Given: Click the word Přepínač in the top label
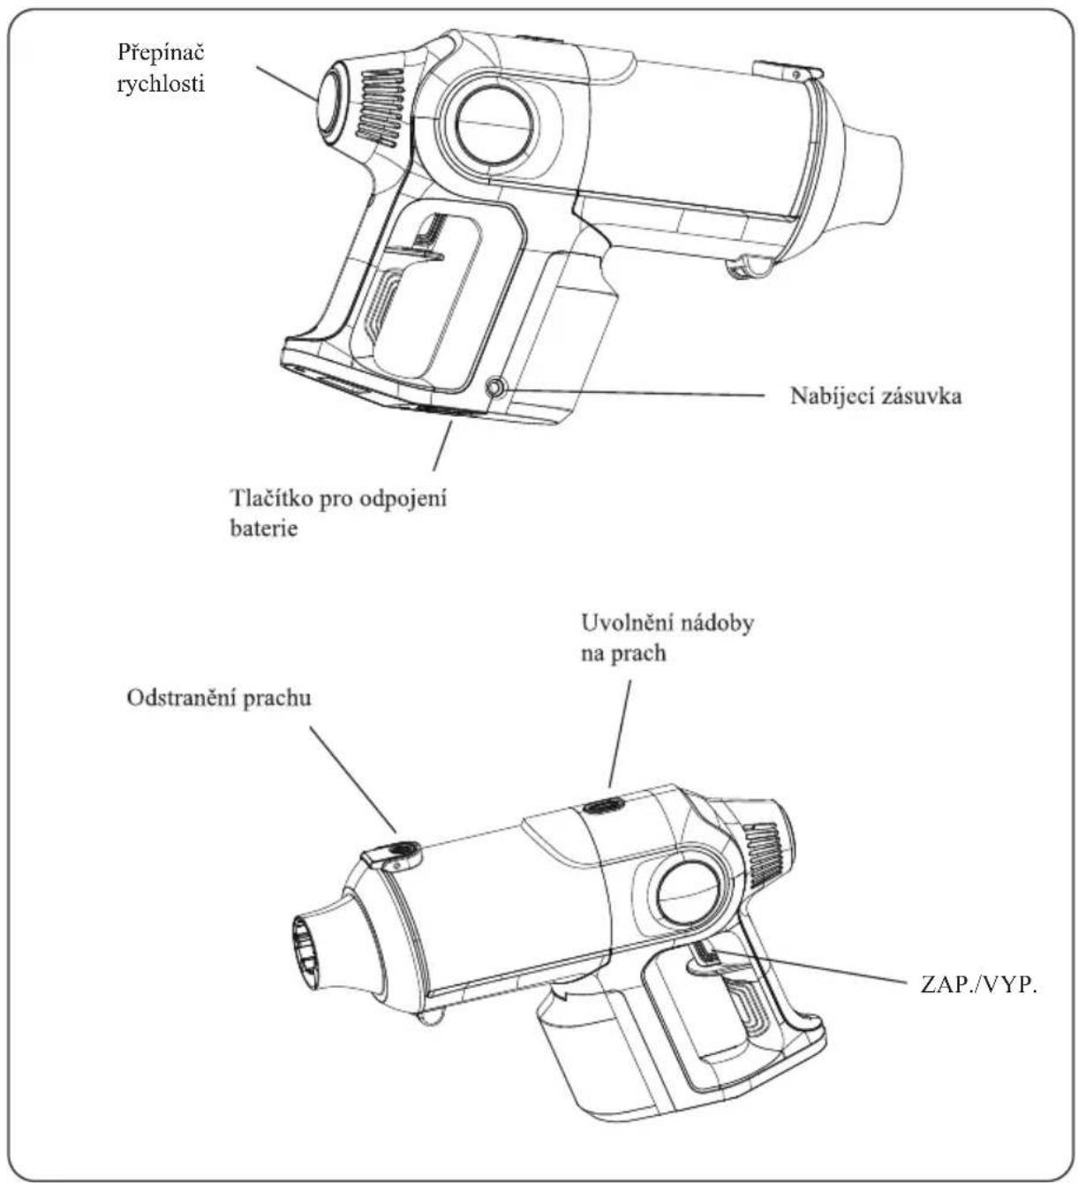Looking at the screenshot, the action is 161,52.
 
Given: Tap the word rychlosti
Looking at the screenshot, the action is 161,85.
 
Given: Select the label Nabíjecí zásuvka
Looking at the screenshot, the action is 876,396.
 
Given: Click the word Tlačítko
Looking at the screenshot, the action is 271,498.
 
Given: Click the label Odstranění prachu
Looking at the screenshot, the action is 219,698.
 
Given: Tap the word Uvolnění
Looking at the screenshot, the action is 627,623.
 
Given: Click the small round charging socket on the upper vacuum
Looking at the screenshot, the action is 495,388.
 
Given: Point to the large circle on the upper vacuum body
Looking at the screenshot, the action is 494,123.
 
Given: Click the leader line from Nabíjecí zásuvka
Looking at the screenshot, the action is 634,391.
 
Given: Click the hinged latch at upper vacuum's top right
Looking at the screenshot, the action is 788,70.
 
